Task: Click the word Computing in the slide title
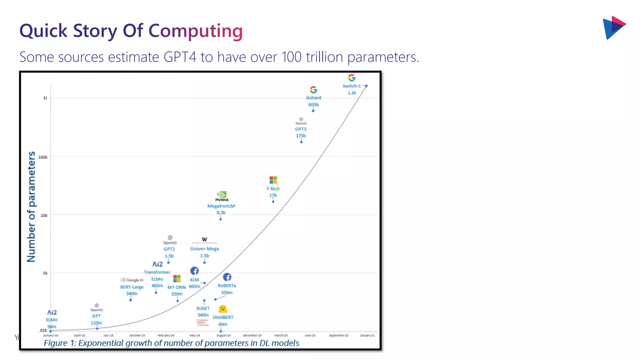[195, 31]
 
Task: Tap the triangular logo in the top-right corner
[613, 27]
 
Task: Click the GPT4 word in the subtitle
[180, 57]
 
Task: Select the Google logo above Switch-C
[352, 77]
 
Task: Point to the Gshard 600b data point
[313, 111]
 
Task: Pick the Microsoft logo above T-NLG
[273, 180]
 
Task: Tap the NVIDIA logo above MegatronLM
[222, 196]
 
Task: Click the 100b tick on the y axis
[43, 157]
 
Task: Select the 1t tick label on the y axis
[45, 98]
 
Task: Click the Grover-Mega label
[204, 249]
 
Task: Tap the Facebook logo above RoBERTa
[227, 277]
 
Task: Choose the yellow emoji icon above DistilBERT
[222, 309]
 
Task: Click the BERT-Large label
[132, 287]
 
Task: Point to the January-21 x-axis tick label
[367, 335]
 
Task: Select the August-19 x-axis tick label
[223, 335]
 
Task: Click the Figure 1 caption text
[171, 343]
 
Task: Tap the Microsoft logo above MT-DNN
[177, 278]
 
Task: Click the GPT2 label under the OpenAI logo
[169, 249]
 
